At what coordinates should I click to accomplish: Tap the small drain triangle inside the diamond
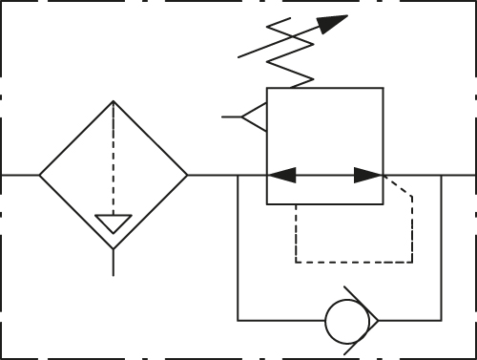pos(114,222)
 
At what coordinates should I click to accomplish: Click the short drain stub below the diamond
pos(114,263)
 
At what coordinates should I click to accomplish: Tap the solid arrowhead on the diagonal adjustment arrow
pos(333,24)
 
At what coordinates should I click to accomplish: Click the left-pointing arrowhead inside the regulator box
pos(281,176)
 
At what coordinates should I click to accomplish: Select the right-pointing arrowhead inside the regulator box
pos(368,176)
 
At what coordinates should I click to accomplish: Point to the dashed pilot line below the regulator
pos(353,261)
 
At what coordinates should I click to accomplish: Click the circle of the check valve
pos(344,321)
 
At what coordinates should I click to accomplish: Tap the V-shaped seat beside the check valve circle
pos(370,321)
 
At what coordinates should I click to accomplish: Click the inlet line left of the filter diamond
pos(20,176)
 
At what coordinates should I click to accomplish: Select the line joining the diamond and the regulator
pos(212,176)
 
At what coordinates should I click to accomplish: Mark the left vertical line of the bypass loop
pos(238,248)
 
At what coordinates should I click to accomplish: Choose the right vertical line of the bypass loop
pos(441,248)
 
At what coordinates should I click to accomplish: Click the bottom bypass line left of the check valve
pos(281,321)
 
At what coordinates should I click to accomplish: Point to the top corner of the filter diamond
pos(114,102)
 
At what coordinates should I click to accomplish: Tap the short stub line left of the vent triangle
pos(231,117)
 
